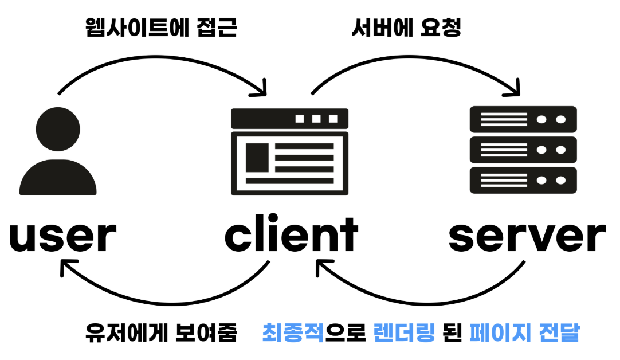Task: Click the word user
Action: click(x=62, y=237)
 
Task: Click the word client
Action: click(x=291, y=234)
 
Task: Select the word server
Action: click(x=527, y=237)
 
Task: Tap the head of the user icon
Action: click(x=57, y=129)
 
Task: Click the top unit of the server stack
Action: click(x=523, y=120)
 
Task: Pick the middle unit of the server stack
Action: click(x=523, y=150)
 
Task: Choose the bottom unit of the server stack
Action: click(x=523, y=180)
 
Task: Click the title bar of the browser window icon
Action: click(x=289, y=119)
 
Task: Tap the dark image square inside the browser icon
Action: click(x=257, y=156)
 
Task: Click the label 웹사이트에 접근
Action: click(x=161, y=28)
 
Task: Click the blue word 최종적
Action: click(x=293, y=332)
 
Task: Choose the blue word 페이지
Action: click(x=496, y=332)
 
